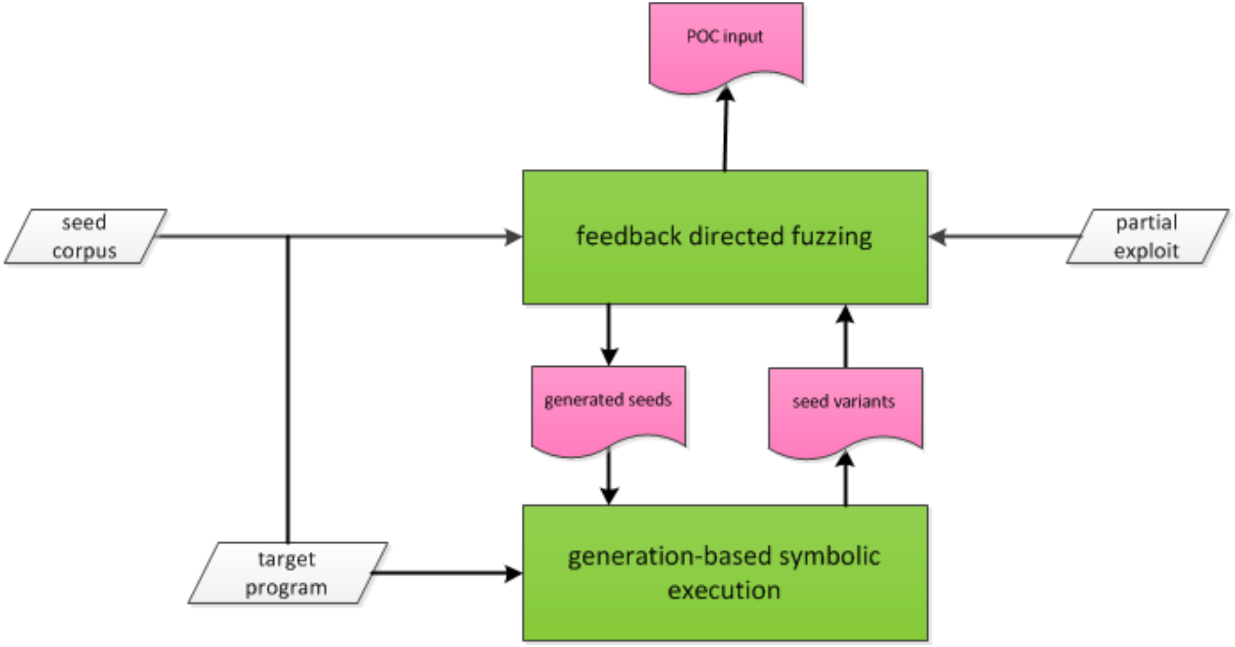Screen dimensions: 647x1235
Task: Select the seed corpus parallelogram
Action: point(85,237)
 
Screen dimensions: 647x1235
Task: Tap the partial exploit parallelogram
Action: point(1147,237)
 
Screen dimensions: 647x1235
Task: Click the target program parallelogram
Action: point(287,573)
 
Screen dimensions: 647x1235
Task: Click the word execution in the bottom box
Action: point(724,590)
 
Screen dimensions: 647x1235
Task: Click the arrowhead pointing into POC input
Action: point(726,95)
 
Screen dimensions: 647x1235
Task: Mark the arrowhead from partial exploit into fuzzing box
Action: point(938,237)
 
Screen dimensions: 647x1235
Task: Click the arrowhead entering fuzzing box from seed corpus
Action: point(514,237)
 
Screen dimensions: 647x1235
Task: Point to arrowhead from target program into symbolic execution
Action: point(514,574)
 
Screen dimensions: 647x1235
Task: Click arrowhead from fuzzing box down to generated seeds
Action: point(608,357)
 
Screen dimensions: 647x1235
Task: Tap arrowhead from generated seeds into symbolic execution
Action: point(608,496)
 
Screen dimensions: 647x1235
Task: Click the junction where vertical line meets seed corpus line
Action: point(288,237)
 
